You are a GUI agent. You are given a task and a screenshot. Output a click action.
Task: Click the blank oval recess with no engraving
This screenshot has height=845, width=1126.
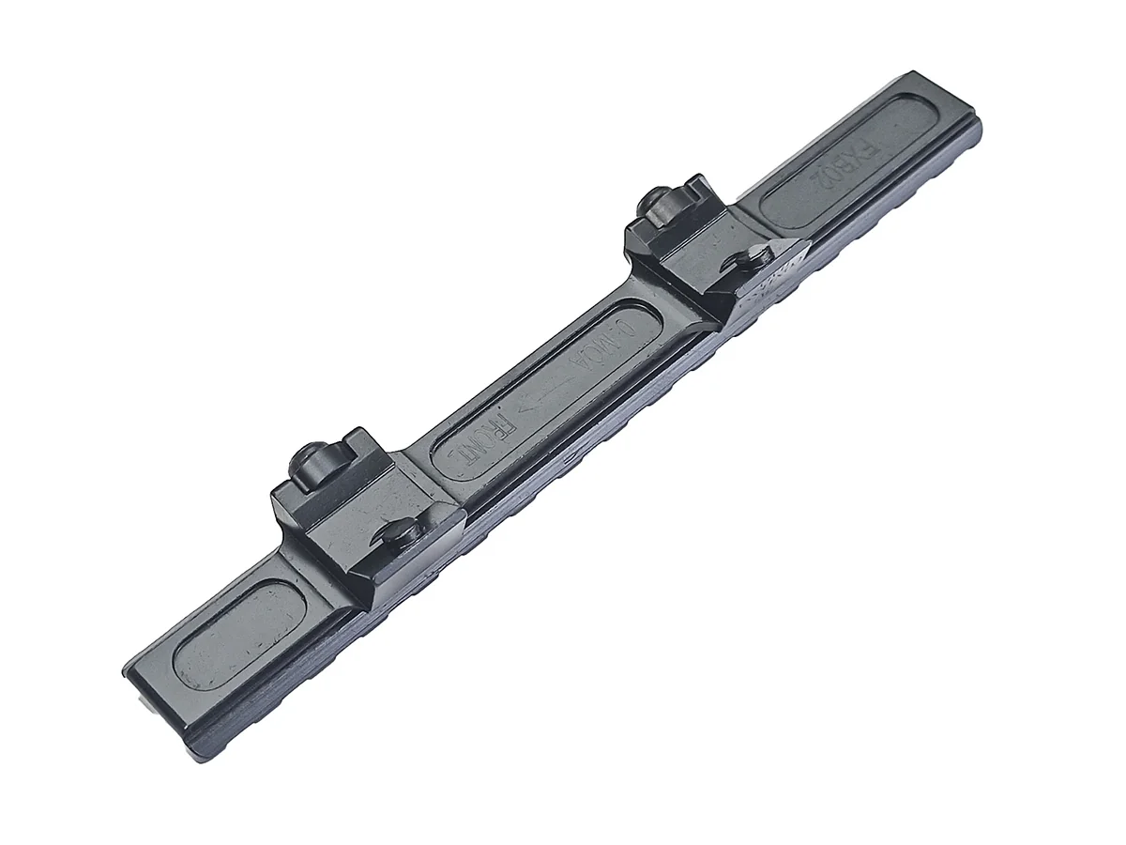238,634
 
